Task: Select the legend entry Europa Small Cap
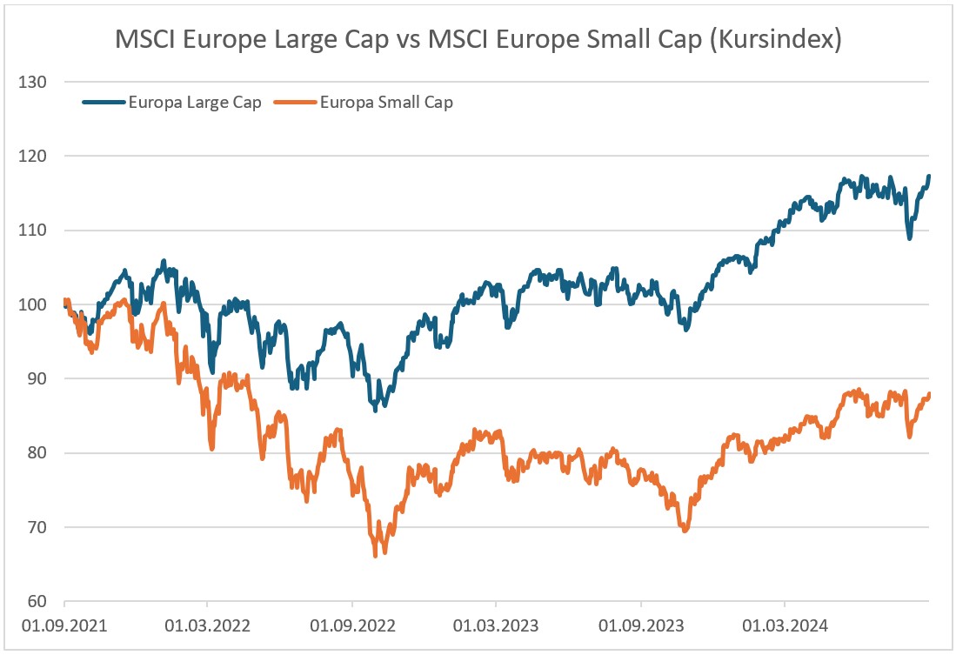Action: (x=386, y=102)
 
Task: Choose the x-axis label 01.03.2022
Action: (x=207, y=625)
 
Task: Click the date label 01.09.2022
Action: (x=352, y=625)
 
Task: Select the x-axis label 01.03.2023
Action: (x=496, y=625)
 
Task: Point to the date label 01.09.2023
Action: (x=641, y=625)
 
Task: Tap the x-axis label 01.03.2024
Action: (x=785, y=625)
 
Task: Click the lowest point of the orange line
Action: (x=376, y=556)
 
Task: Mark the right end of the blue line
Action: (x=929, y=177)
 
